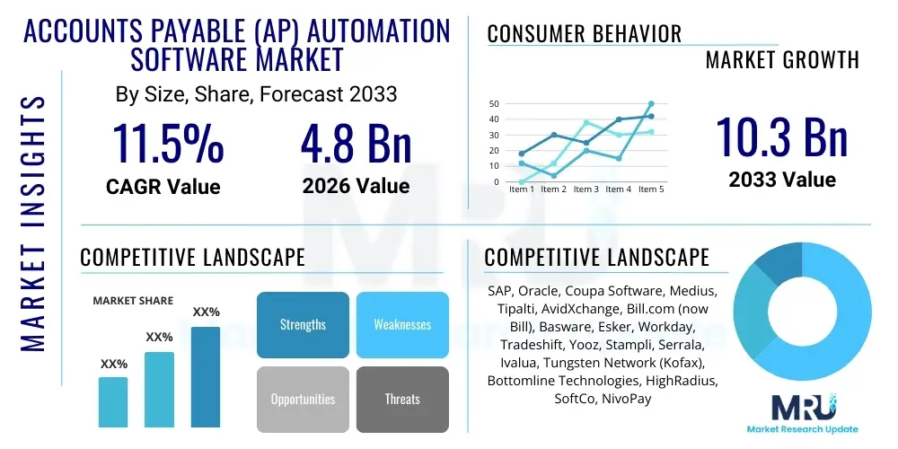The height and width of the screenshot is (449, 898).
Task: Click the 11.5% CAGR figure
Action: click(x=167, y=144)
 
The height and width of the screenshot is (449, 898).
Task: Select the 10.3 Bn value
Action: click(x=781, y=137)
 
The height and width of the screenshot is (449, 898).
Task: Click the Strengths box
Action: click(x=303, y=324)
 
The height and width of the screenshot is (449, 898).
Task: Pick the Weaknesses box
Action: click(x=402, y=324)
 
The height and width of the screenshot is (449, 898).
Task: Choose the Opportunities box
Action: click(x=303, y=399)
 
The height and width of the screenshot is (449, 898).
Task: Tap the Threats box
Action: click(x=402, y=399)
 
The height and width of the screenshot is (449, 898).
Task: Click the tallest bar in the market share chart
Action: click(x=206, y=376)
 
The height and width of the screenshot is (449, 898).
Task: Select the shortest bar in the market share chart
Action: click(x=113, y=401)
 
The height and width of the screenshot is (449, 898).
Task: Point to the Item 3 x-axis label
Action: click(x=586, y=189)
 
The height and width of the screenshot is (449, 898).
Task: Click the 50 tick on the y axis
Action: click(x=494, y=103)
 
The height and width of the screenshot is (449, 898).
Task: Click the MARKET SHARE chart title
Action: click(x=134, y=301)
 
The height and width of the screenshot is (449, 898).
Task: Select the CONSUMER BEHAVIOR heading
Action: click(x=584, y=35)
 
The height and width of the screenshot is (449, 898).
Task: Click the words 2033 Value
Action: click(x=781, y=180)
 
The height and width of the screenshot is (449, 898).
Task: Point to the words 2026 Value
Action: click(x=356, y=186)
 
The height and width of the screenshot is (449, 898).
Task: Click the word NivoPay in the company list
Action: click(x=627, y=398)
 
